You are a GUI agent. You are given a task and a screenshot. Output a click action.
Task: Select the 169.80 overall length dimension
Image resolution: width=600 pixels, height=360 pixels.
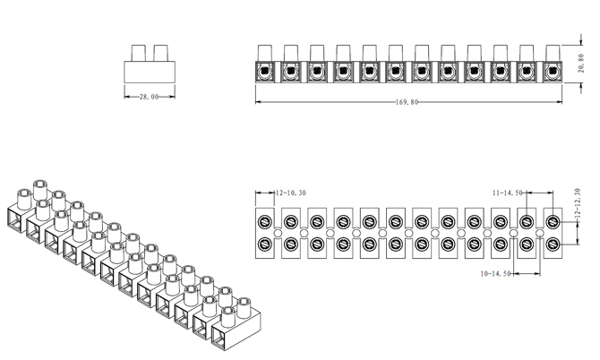pyautogui.click(x=407, y=101)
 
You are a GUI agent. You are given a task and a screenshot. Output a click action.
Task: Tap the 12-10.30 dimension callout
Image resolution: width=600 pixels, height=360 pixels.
pyautogui.click(x=290, y=193)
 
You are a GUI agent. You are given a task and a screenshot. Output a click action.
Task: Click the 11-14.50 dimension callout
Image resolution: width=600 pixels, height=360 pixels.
pyautogui.click(x=508, y=193)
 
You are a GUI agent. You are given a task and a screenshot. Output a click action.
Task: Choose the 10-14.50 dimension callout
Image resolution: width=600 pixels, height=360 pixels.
pyautogui.click(x=495, y=273)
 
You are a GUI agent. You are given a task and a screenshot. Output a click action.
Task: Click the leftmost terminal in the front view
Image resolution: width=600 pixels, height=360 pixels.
pyautogui.click(x=264, y=70)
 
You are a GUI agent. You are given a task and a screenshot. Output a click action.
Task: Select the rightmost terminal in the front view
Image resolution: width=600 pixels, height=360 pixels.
pyautogui.click(x=550, y=70)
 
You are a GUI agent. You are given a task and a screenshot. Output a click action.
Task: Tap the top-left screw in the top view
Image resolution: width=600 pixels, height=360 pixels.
pyautogui.click(x=265, y=222)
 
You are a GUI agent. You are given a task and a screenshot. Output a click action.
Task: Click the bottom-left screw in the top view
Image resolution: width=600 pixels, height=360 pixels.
pyautogui.click(x=265, y=244)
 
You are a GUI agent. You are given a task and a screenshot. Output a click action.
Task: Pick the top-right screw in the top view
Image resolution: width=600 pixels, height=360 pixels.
pyautogui.click(x=553, y=222)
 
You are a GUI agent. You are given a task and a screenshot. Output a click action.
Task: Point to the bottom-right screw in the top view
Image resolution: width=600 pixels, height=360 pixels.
pyautogui.click(x=553, y=244)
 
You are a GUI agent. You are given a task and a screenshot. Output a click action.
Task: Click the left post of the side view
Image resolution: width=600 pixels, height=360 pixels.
pyautogui.click(x=139, y=51)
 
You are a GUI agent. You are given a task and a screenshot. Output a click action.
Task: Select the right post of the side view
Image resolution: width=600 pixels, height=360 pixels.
pyautogui.click(x=159, y=51)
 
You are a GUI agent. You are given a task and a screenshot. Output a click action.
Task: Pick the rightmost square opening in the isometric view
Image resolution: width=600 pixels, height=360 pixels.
pyautogui.click(x=221, y=334)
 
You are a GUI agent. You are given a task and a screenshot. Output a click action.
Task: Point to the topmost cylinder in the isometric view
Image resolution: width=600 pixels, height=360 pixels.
pyautogui.click(x=39, y=189)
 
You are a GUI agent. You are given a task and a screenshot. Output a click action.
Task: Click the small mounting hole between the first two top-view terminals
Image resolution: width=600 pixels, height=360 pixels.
pyautogui.click(x=278, y=234)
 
